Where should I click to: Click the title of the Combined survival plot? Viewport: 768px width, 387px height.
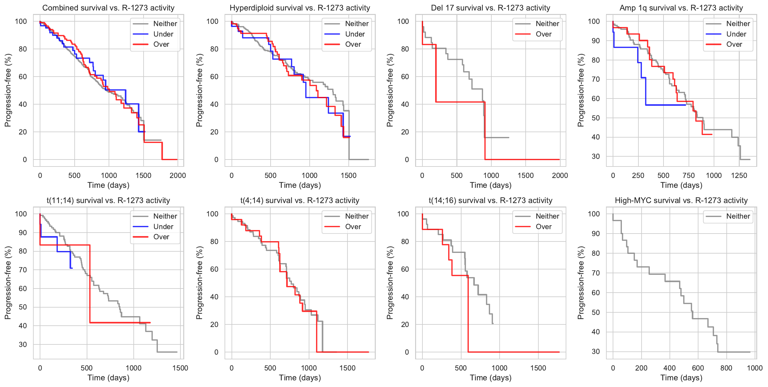click(108, 8)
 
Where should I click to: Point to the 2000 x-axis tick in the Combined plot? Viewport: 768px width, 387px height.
click(178, 175)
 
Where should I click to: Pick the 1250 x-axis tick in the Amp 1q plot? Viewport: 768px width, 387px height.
click(739, 175)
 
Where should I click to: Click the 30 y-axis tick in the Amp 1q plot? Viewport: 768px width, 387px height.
click(596, 156)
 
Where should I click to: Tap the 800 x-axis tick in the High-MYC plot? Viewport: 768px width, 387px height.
click(726, 368)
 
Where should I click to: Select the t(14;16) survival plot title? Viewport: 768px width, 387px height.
click(490, 200)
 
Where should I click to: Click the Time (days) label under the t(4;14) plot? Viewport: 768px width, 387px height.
click(300, 378)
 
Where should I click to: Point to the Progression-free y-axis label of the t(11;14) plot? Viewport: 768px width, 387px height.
click(8, 282)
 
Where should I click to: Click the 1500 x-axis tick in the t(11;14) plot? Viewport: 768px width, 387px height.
click(180, 368)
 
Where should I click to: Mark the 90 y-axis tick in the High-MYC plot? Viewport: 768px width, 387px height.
click(596, 234)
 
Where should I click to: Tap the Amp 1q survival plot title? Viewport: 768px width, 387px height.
click(681, 8)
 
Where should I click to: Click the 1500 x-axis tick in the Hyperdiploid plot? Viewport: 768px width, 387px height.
click(348, 175)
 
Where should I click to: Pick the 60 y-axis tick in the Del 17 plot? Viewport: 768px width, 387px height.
click(405, 77)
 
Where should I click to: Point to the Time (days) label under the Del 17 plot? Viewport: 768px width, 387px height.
click(490, 185)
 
